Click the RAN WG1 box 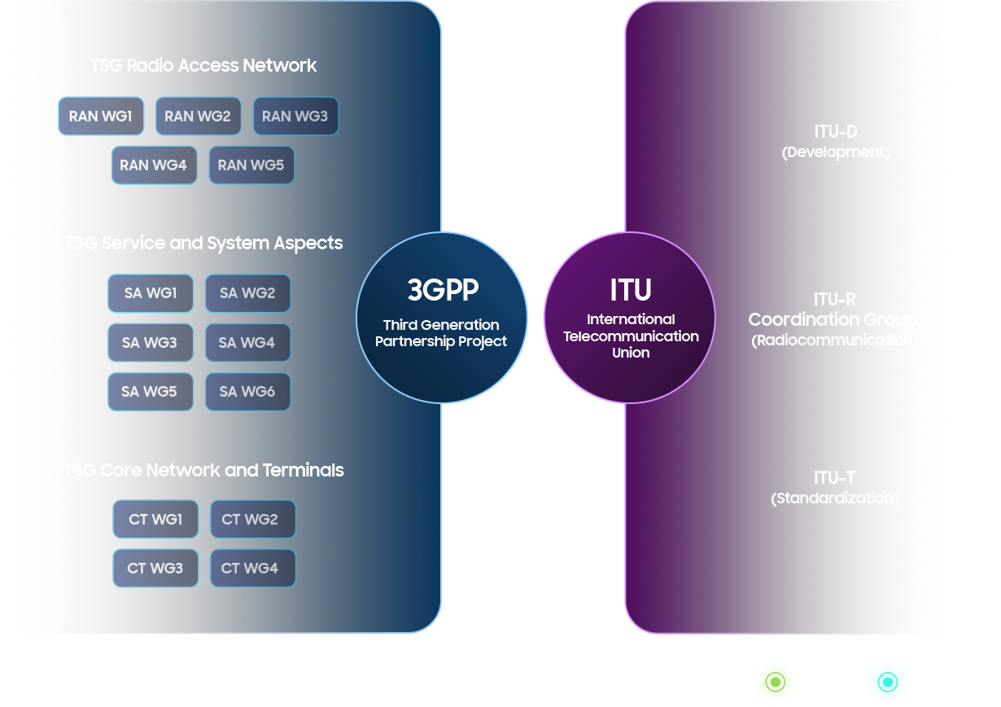(x=101, y=116)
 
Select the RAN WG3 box (x=295, y=116)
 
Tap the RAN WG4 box (x=154, y=165)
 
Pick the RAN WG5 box (x=251, y=165)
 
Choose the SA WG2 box (x=247, y=293)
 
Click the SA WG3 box (x=150, y=343)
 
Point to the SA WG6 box (x=247, y=392)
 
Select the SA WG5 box (x=150, y=392)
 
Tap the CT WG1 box (x=155, y=520)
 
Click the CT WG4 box (x=252, y=569)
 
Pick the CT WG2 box (x=252, y=520)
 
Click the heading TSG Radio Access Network (x=203, y=66)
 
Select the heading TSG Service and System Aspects (x=203, y=244)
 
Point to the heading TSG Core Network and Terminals (x=203, y=471)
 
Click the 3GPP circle (x=442, y=317)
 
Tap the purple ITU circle (x=630, y=317)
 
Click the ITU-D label (x=836, y=132)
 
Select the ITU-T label (x=834, y=478)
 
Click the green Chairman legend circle (x=774, y=681)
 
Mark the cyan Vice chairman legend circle (x=886, y=681)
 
